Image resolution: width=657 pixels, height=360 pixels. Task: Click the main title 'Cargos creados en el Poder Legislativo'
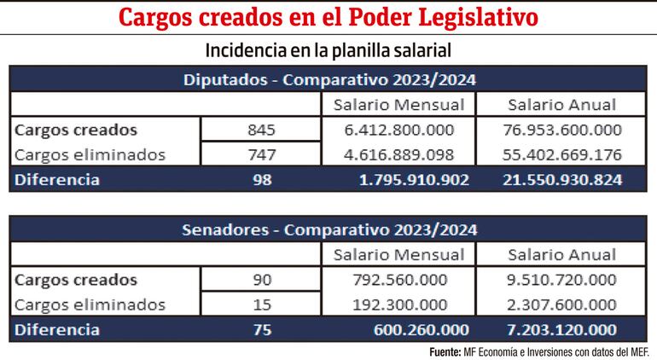pyautogui.click(x=328, y=17)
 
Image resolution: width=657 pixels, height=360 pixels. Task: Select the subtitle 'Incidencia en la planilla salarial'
pyautogui.click(x=328, y=50)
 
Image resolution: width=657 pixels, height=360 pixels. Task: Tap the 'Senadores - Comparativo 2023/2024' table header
pyautogui.click(x=328, y=229)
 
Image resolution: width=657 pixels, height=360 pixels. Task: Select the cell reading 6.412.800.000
pyautogui.click(x=398, y=131)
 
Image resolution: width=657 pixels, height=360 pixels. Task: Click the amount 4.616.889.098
pyautogui.click(x=398, y=155)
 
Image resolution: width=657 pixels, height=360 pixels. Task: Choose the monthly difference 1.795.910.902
pyautogui.click(x=398, y=180)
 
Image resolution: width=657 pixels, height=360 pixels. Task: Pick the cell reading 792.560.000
pyautogui.click(x=398, y=280)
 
